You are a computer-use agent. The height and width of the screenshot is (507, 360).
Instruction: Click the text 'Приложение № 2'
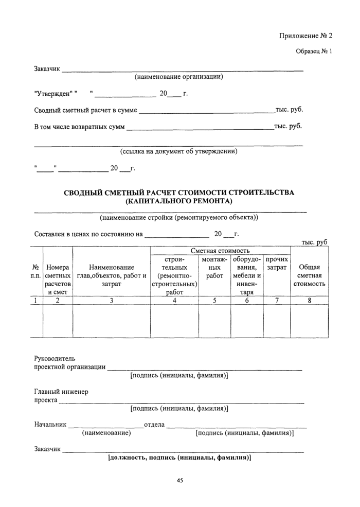pyautogui.click(x=306, y=36)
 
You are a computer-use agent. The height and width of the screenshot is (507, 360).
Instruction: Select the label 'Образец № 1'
pyautogui.click(x=314, y=52)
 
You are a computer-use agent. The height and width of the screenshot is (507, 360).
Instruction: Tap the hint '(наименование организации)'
pyautogui.click(x=178, y=77)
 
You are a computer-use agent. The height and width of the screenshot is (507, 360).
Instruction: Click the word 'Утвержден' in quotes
pyautogui.click(x=54, y=94)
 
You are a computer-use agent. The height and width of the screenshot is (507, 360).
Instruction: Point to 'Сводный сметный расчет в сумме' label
pyautogui.click(x=85, y=110)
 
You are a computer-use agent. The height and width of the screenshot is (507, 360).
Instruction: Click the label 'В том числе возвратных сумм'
pyautogui.click(x=80, y=126)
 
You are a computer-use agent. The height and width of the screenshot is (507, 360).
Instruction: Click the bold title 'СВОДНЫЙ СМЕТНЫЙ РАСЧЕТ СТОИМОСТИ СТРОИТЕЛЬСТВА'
pyautogui.click(x=179, y=193)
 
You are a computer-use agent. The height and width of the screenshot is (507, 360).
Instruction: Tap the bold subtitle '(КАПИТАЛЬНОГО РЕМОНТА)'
pyautogui.click(x=179, y=201)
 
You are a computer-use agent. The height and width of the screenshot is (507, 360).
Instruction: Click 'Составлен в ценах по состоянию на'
pyautogui.click(x=88, y=234)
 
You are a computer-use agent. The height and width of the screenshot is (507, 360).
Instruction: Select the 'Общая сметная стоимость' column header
pyautogui.click(x=309, y=275)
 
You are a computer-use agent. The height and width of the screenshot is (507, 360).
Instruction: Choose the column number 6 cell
pyautogui.click(x=247, y=302)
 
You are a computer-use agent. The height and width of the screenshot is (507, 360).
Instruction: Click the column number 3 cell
pyautogui.click(x=111, y=302)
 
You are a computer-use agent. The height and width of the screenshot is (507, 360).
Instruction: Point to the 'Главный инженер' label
pyautogui.click(x=61, y=392)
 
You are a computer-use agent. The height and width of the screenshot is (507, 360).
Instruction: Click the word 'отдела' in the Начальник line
pyautogui.click(x=154, y=425)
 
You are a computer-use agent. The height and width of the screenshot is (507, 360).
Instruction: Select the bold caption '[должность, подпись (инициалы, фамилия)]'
pyautogui.click(x=179, y=457)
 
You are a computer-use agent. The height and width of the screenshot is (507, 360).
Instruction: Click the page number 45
pyautogui.click(x=179, y=480)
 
